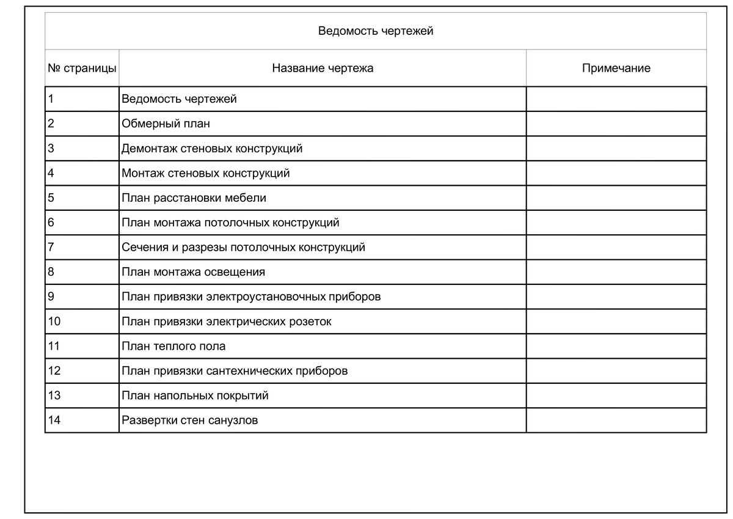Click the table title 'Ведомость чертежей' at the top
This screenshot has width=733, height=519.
click(x=376, y=31)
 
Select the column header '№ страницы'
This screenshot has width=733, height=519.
click(x=82, y=68)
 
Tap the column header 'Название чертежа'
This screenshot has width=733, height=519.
click(x=323, y=68)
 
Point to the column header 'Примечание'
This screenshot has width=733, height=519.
click(x=616, y=68)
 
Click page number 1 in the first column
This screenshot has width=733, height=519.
click(x=51, y=99)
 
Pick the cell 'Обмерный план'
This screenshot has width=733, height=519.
click(x=166, y=123)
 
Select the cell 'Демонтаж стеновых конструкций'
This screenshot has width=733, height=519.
click(x=212, y=149)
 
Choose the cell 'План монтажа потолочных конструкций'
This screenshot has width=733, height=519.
click(x=230, y=223)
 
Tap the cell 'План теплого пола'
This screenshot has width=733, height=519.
click(x=173, y=346)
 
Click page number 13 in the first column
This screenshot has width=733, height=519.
click(x=54, y=396)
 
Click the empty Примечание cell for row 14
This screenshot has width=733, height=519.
click(x=616, y=421)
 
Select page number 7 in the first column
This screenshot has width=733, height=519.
click(x=51, y=248)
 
